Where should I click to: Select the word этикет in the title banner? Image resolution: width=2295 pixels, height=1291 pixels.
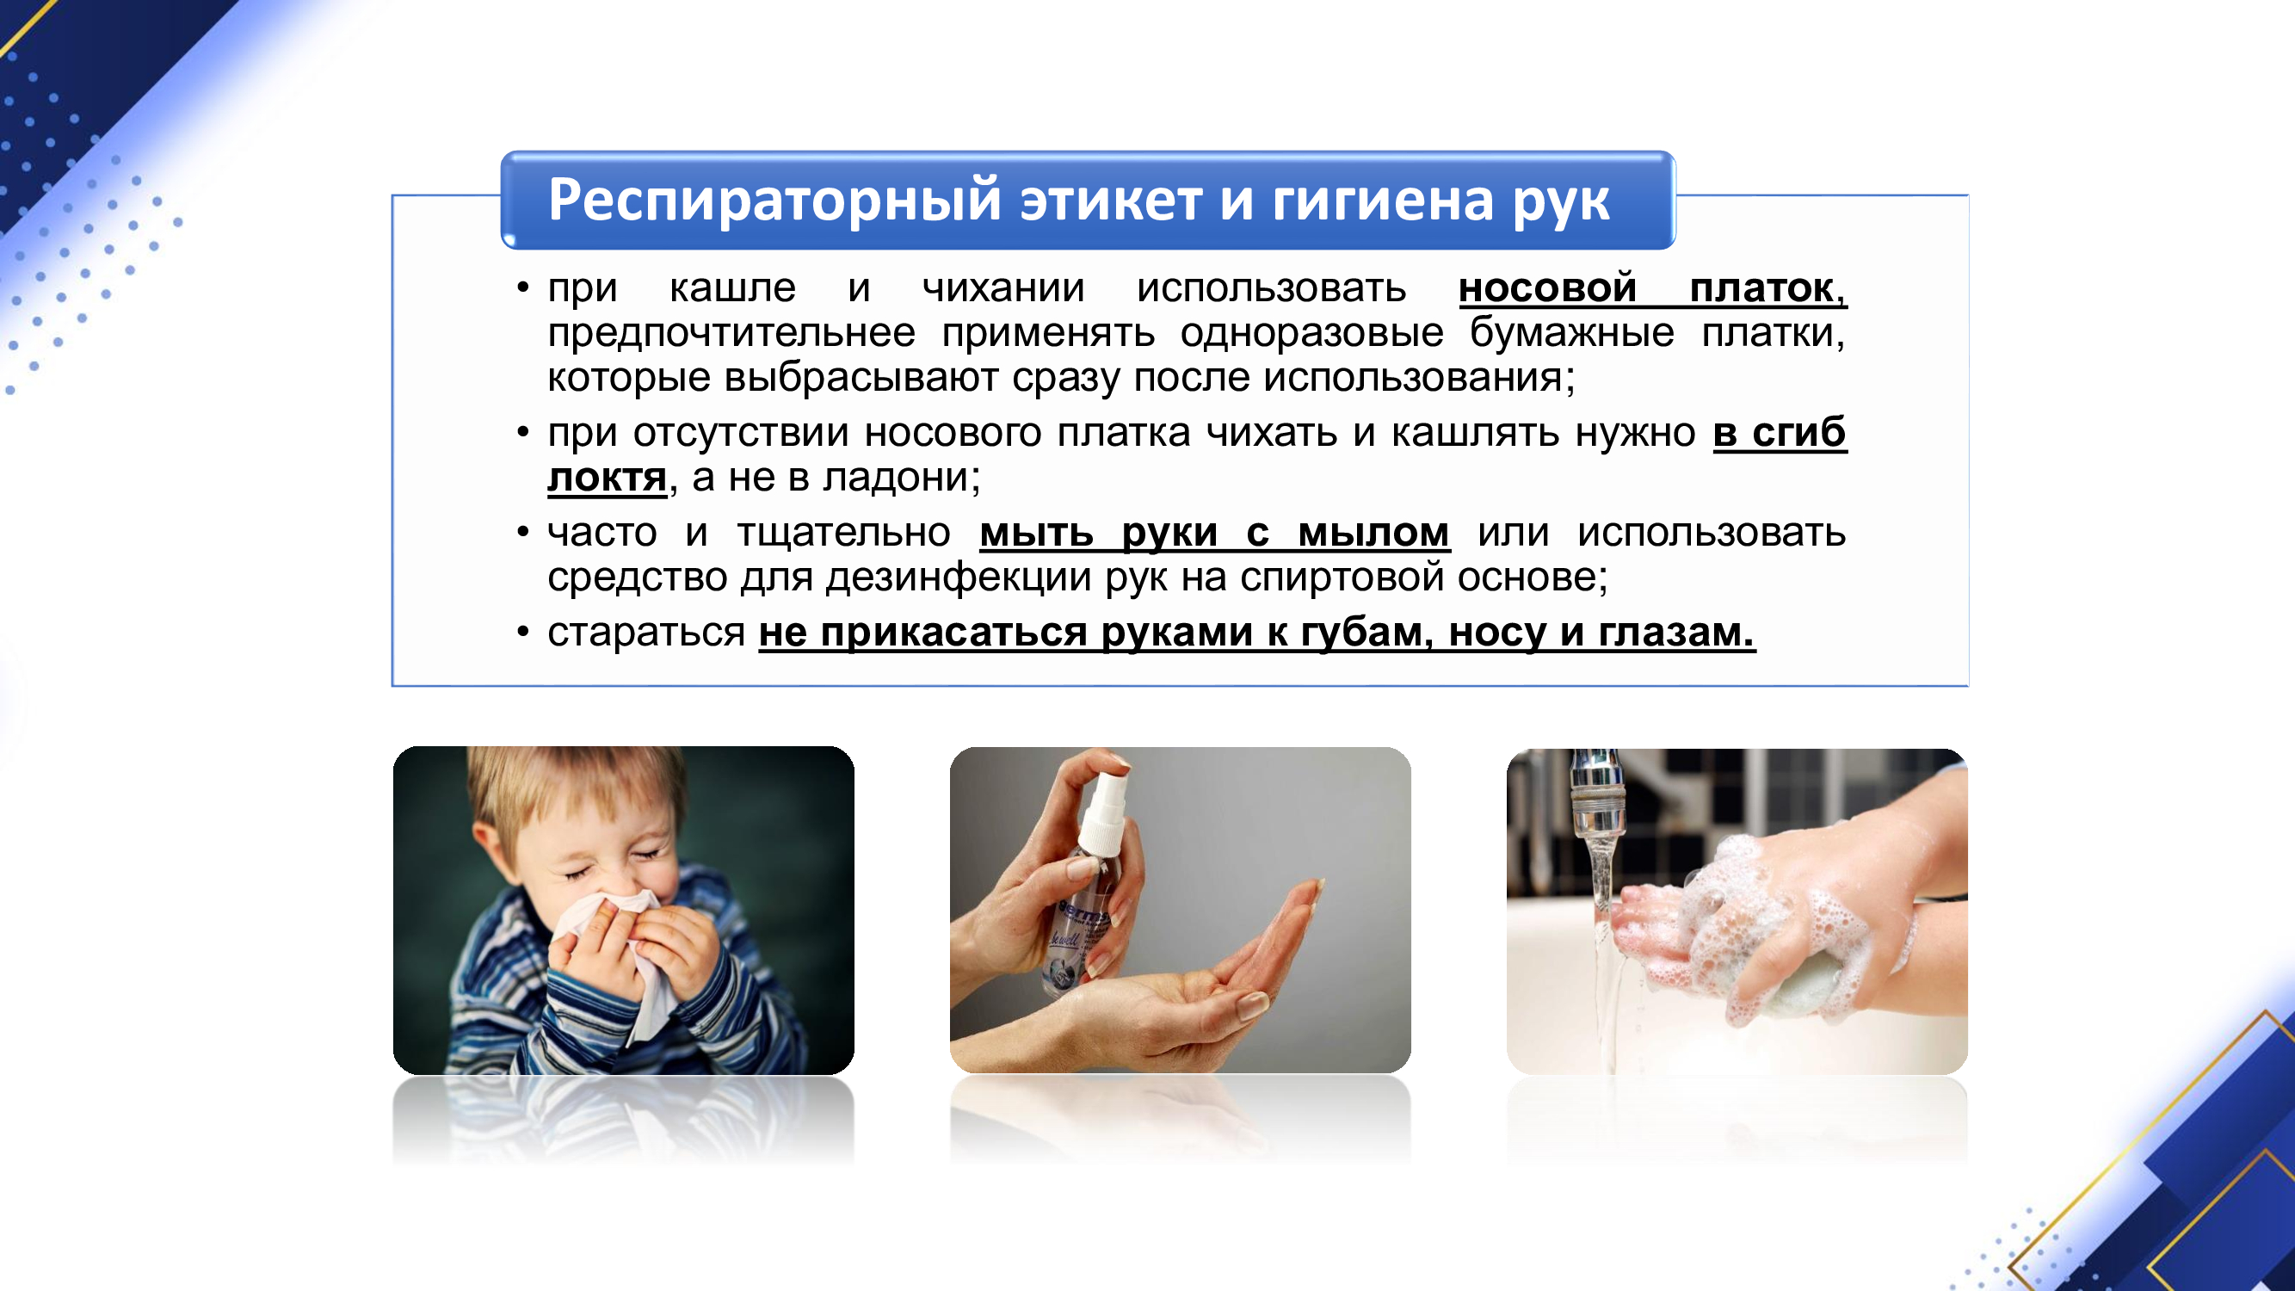1112,200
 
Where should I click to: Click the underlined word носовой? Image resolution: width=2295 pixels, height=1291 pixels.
1547,287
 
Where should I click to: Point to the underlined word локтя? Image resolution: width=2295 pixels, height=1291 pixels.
607,477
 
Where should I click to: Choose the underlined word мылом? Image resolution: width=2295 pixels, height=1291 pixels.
1373,533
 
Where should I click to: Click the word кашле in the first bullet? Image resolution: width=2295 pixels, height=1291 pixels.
732,287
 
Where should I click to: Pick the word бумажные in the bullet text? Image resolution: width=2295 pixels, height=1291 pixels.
1571,332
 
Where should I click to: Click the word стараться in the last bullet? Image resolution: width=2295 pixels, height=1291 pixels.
646,633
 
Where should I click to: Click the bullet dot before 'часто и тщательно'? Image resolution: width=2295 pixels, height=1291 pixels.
523,533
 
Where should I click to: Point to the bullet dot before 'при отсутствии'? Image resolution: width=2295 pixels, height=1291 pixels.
523,433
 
